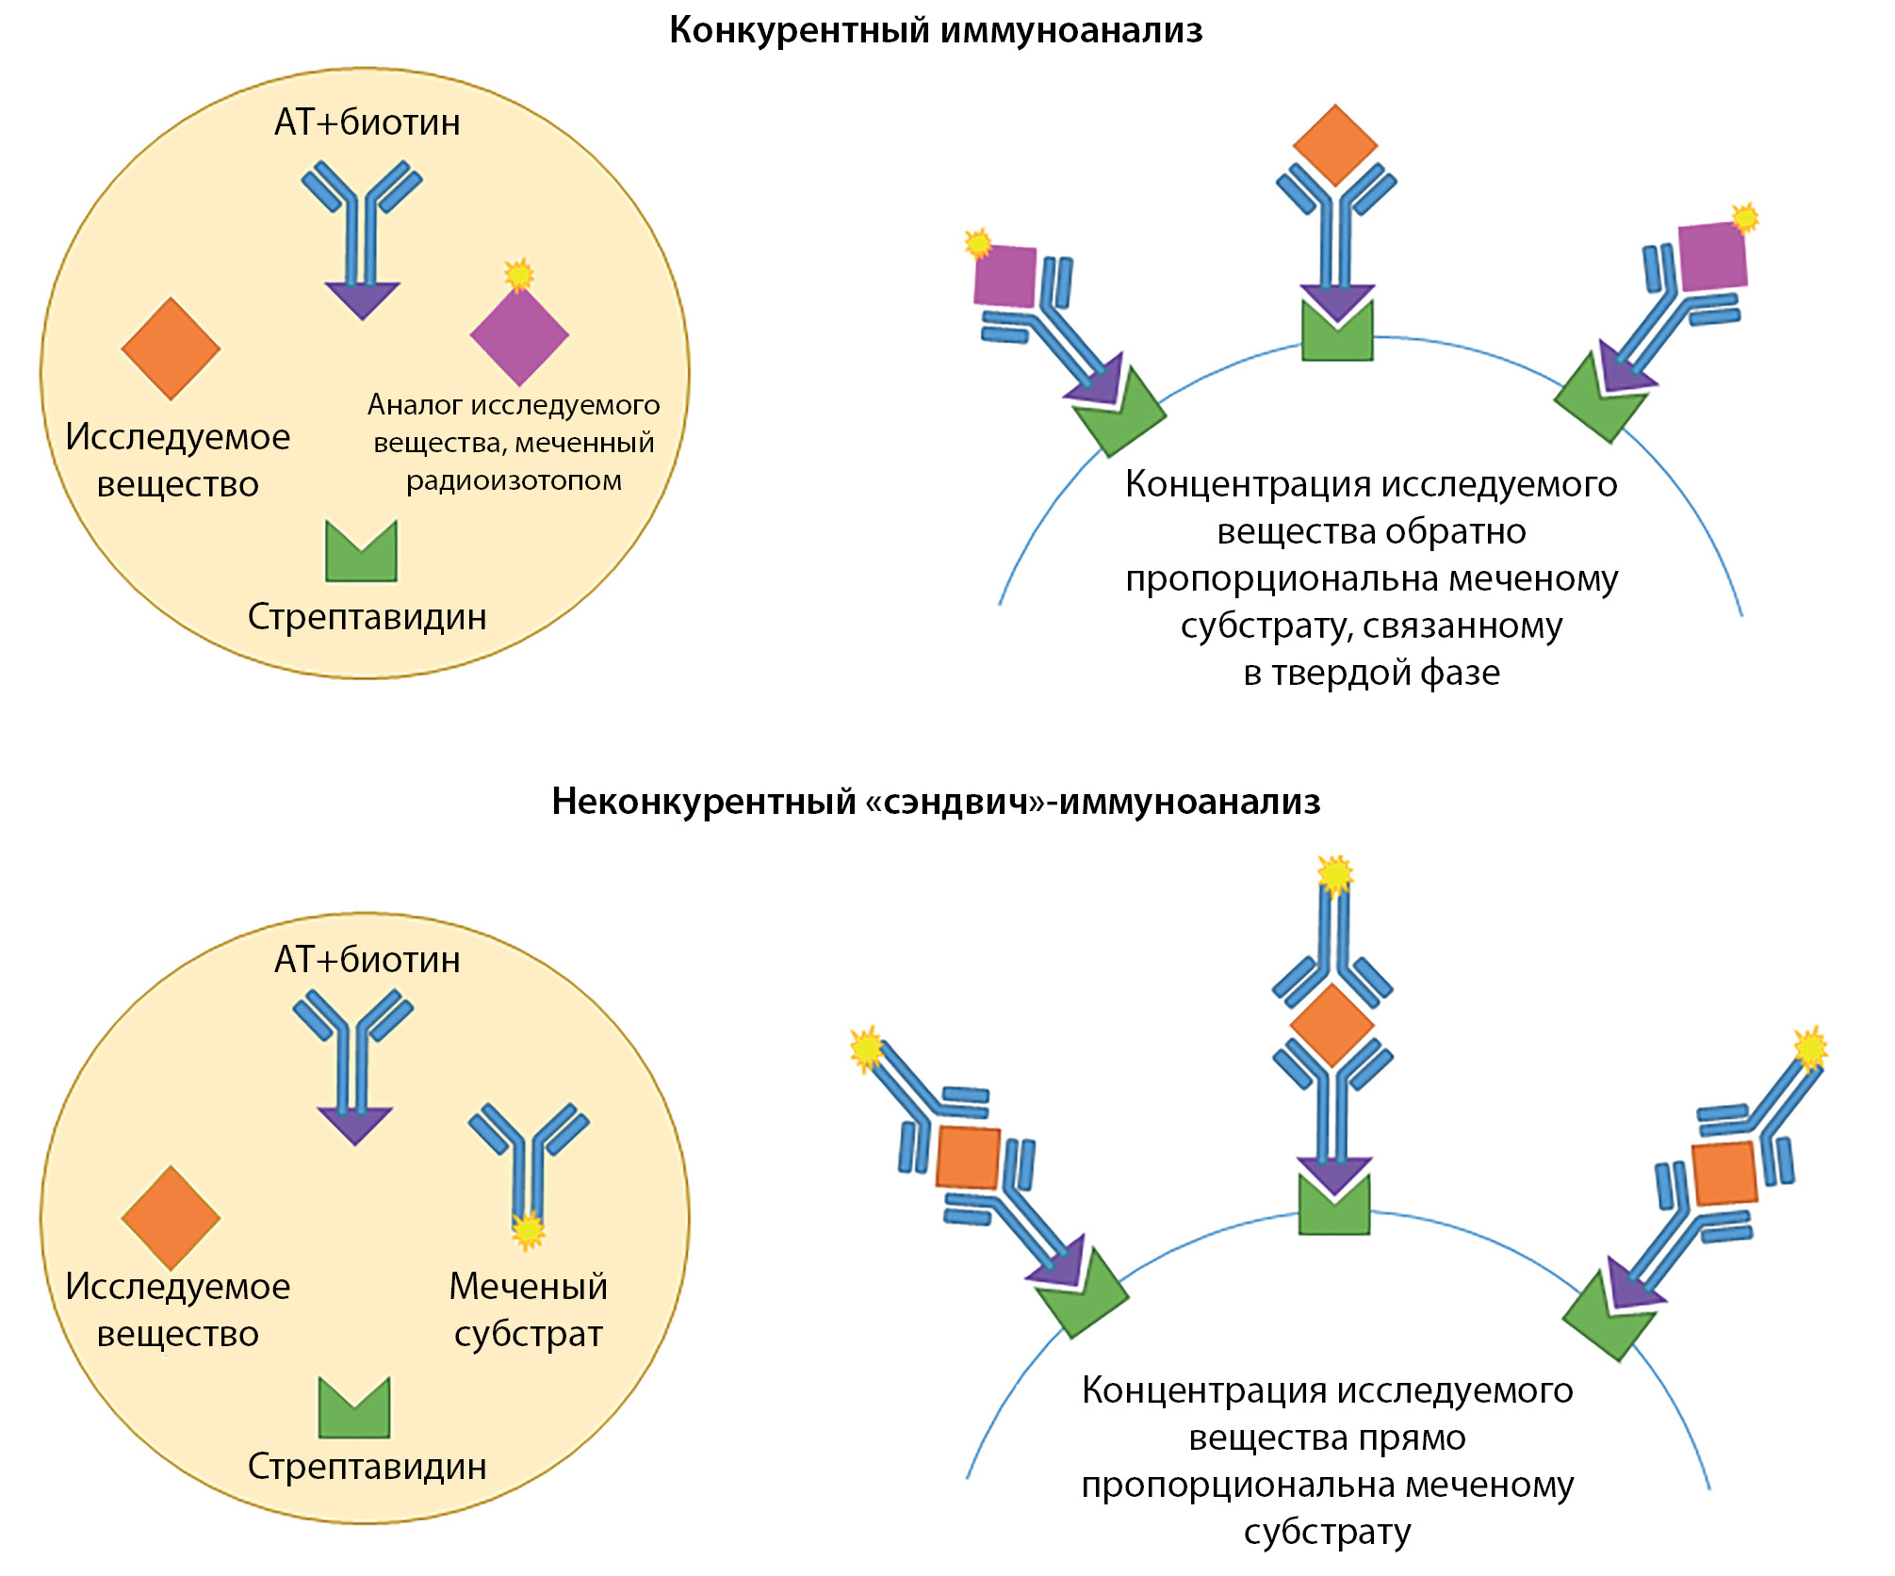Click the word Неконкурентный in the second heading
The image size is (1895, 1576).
pos(703,802)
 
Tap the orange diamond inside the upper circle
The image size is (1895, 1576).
pos(171,349)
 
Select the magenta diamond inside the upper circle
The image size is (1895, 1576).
pos(519,335)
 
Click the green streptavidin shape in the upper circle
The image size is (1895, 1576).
pos(361,553)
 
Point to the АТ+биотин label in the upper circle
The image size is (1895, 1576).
pos(367,122)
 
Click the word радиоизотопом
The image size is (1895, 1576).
pos(514,480)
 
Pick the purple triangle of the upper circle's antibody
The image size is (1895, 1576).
pos(362,300)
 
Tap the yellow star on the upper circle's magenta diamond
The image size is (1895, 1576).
pos(518,275)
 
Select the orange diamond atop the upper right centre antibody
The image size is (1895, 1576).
pos(1335,145)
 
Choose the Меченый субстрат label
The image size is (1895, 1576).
pos(528,1309)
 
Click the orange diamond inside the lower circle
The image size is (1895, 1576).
pos(171,1217)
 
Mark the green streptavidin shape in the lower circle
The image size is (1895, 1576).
pos(354,1408)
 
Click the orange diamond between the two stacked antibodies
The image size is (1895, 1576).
pos(1331,1026)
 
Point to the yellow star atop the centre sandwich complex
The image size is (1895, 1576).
pos(1335,875)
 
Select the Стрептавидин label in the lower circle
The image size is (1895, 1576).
pos(367,1467)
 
